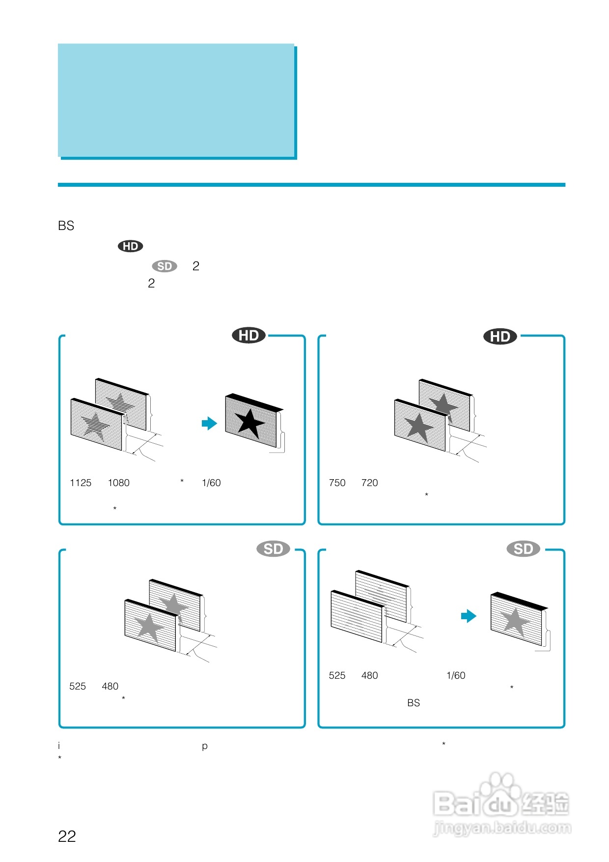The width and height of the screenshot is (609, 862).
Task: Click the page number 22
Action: click(x=67, y=836)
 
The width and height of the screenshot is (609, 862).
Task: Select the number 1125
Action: click(x=81, y=483)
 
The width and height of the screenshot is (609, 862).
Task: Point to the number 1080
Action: click(x=119, y=483)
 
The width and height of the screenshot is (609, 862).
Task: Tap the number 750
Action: click(x=337, y=483)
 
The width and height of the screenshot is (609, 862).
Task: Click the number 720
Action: click(x=370, y=483)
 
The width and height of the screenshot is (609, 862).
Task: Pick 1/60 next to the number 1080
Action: click(x=211, y=483)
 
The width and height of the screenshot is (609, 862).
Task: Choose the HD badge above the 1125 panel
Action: click(x=249, y=335)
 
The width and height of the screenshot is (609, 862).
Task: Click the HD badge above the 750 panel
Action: click(x=500, y=336)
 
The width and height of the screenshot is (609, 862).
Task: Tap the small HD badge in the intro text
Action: click(x=130, y=246)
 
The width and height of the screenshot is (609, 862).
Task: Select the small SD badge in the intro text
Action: click(x=165, y=266)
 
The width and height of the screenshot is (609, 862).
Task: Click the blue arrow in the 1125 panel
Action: click(x=209, y=423)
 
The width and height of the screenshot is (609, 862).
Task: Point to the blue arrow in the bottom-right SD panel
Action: click(x=469, y=616)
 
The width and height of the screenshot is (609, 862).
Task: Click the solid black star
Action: click(x=249, y=423)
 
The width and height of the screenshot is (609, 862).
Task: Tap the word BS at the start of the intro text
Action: click(x=66, y=226)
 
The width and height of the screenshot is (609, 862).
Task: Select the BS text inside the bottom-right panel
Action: click(x=414, y=703)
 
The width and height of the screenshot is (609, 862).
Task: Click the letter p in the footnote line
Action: click(x=204, y=747)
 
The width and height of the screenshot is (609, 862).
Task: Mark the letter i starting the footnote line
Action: click(x=59, y=746)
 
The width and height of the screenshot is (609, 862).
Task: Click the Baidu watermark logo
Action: click(x=501, y=804)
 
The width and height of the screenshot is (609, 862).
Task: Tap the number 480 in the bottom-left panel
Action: click(x=110, y=686)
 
